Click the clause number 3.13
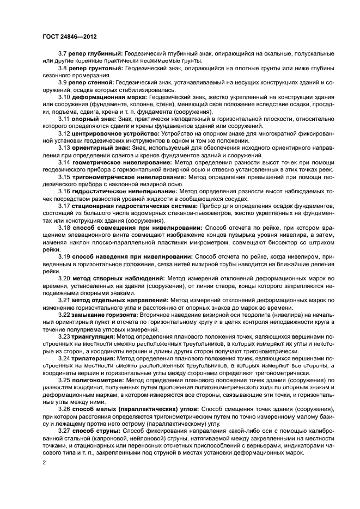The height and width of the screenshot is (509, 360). pyautogui.click(x=64, y=148)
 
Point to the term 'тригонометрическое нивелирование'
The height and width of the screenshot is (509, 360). pyautogui.click(x=125, y=177)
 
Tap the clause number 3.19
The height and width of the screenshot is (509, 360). pyautogui.click(x=64, y=256)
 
